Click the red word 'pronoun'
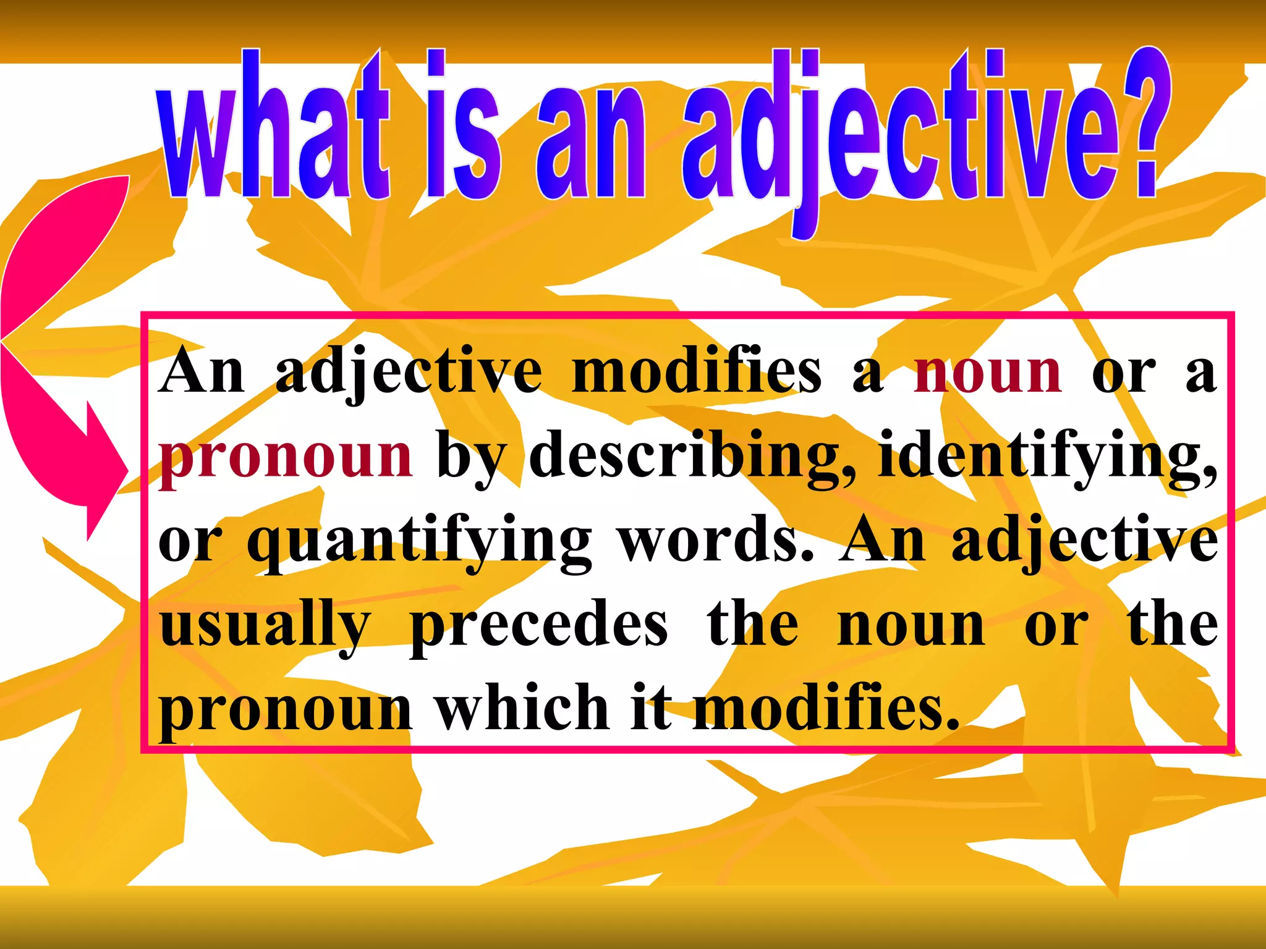click(286, 457)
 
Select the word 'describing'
click(692, 457)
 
